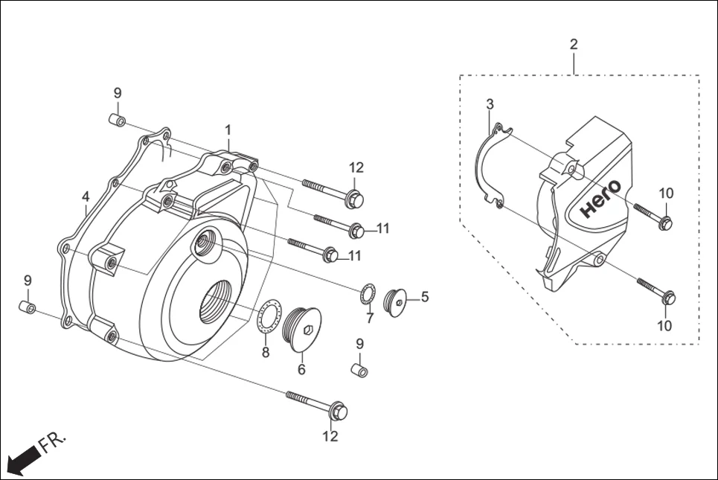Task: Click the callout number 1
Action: point(229,130)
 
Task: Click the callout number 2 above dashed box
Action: point(574,45)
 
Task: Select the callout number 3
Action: point(490,104)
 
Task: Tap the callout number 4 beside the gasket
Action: point(86,197)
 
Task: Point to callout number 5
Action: point(425,297)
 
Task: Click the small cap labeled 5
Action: point(397,301)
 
